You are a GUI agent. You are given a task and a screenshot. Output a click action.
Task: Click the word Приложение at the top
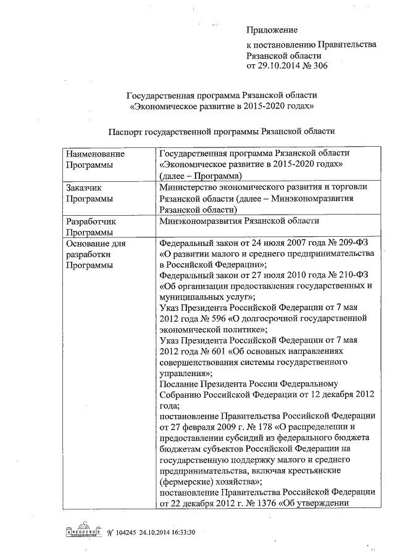(x=272, y=30)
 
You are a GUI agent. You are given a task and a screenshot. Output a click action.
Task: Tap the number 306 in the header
(x=319, y=65)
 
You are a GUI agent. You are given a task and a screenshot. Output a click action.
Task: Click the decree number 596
(x=219, y=318)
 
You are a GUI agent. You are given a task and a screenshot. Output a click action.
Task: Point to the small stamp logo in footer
(x=83, y=532)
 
